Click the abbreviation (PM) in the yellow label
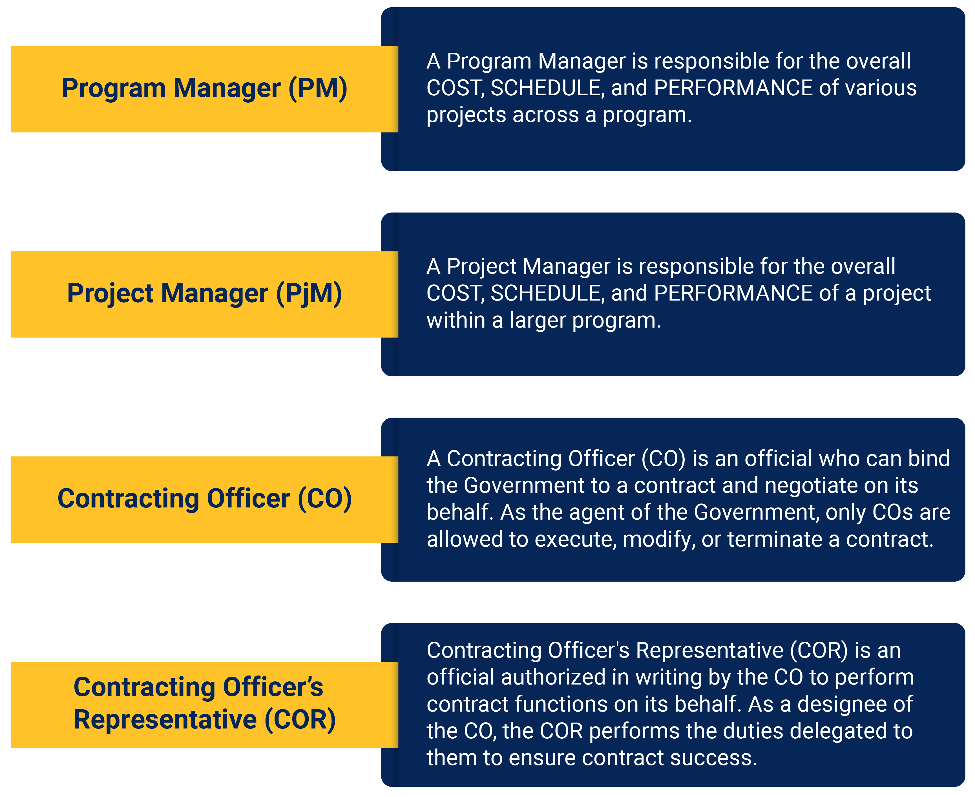tap(318, 88)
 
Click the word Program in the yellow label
tap(113, 88)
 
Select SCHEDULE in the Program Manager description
tap(546, 88)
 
